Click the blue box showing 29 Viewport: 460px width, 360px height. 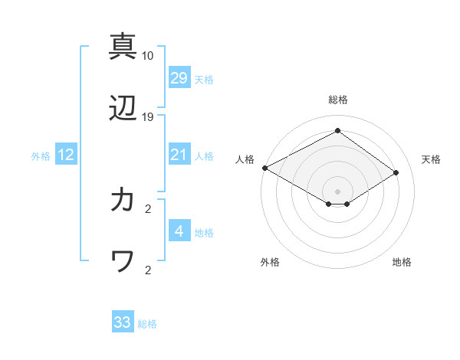[x=179, y=77]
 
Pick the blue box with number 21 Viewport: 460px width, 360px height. [x=179, y=155]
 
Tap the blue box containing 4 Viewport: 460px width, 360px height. [x=179, y=231]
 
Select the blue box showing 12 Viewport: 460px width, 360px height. [x=66, y=155]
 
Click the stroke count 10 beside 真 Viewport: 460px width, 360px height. [x=147, y=56]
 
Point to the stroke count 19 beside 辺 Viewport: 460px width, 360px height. [x=147, y=117]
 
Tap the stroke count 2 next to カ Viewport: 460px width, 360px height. [x=147, y=208]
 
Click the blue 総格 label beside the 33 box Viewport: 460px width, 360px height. [x=147, y=324]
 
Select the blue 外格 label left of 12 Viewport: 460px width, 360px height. [x=41, y=156]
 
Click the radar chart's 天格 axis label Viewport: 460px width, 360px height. [x=431, y=159]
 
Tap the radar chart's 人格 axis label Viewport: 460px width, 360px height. [x=245, y=159]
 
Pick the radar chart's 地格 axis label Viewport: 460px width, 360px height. [x=402, y=262]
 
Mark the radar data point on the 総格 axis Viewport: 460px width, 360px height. [x=337, y=131]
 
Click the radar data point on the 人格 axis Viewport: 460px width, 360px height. [x=264, y=168]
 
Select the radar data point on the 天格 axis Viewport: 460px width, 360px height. [x=396, y=172]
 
